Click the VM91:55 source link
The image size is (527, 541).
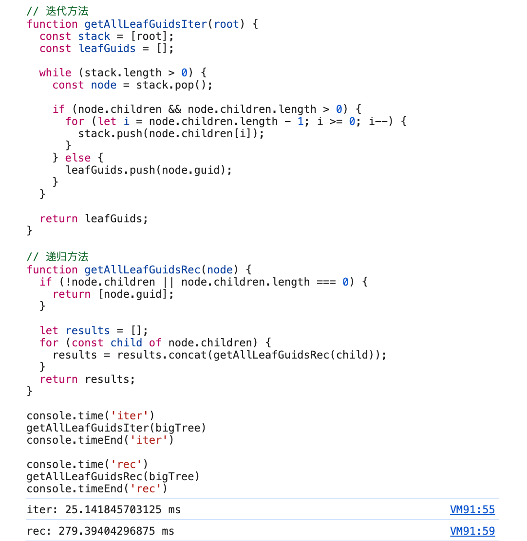(x=472, y=509)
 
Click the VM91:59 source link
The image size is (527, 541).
(x=472, y=531)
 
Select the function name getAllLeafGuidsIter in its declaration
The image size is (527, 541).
(x=146, y=24)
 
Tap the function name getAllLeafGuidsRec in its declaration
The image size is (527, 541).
(x=142, y=270)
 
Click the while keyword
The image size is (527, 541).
(x=55, y=73)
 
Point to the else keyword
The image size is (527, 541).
(x=78, y=158)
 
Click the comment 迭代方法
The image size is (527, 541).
(x=67, y=11)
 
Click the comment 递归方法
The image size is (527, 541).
(x=67, y=257)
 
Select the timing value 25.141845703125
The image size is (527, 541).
(x=113, y=509)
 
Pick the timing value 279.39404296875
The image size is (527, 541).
(x=107, y=531)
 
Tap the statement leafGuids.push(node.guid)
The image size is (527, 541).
(x=146, y=170)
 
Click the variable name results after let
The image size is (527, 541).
(x=88, y=330)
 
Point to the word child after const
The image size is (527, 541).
(x=126, y=343)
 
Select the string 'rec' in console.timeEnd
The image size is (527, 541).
(x=146, y=489)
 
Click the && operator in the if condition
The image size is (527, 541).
(x=175, y=109)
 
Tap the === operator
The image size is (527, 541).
(x=326, y=282)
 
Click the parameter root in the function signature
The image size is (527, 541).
(x=226, y=24)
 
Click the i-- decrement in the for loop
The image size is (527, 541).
(x=378, y=122)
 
